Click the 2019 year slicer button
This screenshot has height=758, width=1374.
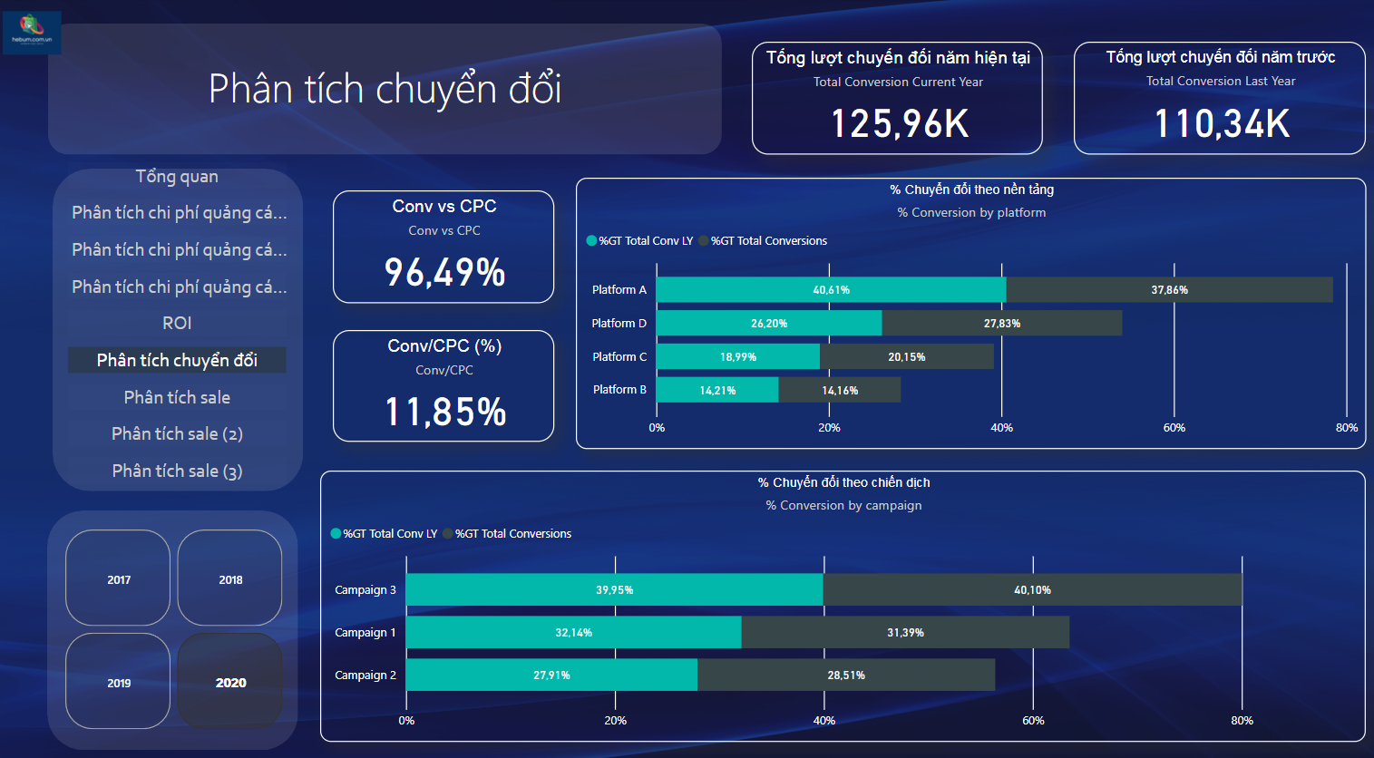[118, 682]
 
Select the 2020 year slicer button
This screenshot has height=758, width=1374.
[230, 682]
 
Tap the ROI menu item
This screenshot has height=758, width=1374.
[177, 324]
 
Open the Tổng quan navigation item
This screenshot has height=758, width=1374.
[177, 177]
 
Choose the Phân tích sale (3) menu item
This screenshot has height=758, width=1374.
[177, 471]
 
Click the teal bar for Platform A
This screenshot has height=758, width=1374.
[831, 290]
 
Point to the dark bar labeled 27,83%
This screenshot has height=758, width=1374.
[1002, 324]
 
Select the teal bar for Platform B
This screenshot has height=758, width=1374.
[717, 391]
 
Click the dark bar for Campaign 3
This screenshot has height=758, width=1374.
[1032, 590]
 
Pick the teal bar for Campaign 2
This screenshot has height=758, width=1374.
[551, 675]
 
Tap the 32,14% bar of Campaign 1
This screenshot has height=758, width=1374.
[573, 633]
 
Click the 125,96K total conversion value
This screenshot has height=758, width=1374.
[900, 124]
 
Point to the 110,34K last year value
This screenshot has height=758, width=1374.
[1221, 124]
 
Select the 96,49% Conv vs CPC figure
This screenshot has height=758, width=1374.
[444, 273]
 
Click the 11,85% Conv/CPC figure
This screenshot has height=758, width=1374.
[444, 413]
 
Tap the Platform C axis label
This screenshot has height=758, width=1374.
[619, 357]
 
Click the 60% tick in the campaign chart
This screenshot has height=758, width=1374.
[1033, 721]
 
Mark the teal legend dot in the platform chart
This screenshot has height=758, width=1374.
[591, 241]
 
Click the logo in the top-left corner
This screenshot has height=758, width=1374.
[32, 32]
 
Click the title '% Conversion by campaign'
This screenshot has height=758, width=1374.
[843, 506]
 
